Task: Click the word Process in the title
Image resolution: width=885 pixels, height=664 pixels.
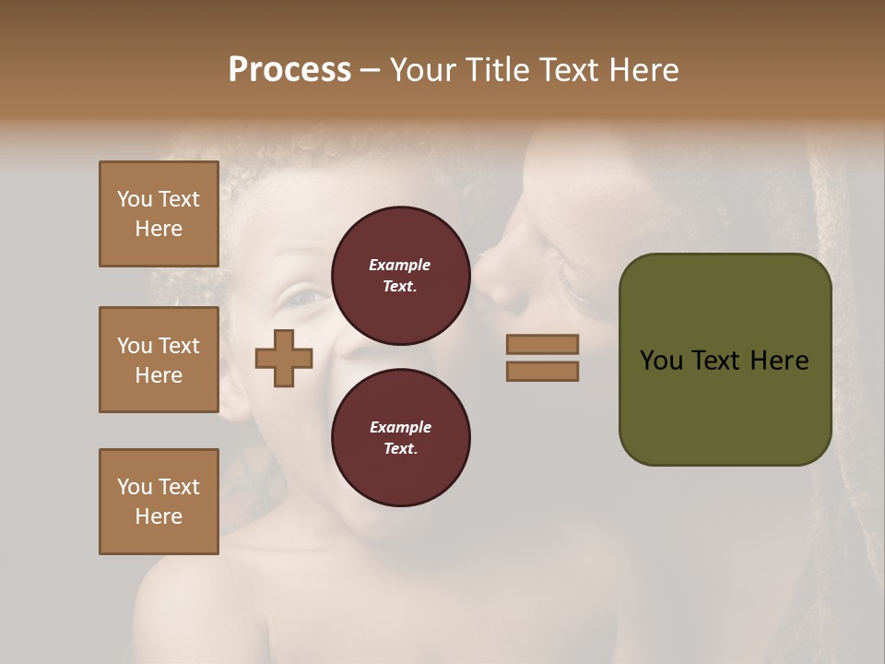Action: pyautogui.click(x=289, y=70)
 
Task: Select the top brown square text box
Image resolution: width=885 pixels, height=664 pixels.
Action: pyautogui.click(x=159, y=214)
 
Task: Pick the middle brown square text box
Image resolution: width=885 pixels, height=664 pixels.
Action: pyautogui.click(x=159, y=360)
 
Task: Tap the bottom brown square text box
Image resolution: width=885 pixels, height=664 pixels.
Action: pyautogui.click(x=159, y=502)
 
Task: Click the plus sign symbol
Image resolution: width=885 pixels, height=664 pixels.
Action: pyautogui.click(x=284, y=358)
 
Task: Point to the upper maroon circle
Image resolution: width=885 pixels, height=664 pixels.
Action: pyautogui.click(x=400, y=276)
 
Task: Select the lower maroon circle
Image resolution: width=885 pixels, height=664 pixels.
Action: pyautogui.click(x=400, y=438)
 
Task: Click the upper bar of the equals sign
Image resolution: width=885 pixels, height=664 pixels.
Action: pyautogui.click(x=542, y=345)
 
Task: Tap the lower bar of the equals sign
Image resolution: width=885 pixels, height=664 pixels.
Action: pyautogui.click(x=542, y=372)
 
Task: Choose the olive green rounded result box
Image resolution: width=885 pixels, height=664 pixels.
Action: pyautogui.click(x=725, y=360)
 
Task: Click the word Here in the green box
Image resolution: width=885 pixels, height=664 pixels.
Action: pyautogui.click(x=779, y=361)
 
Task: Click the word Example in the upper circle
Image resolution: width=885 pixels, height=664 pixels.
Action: pyautogui.click(x=400, y=266)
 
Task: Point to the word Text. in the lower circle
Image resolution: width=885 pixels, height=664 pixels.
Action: pyautogui.click(x=400, y=449)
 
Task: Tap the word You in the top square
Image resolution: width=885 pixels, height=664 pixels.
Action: pyautogui.click(x=135, y=199)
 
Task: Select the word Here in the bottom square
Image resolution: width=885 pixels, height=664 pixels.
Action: pyautogui.click(x=159, y=516)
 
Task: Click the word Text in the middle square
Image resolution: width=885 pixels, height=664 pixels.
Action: pyautogui.click(x=179, y=346)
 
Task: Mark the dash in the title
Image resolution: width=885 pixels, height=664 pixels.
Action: pyautogui.click(x=371, y=70)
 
